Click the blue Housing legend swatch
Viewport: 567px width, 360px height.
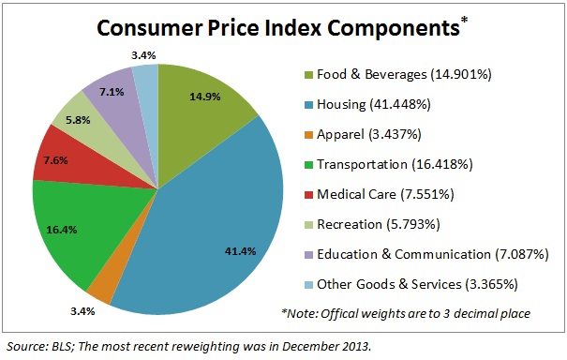point(310,106)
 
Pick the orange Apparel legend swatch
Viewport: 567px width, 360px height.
point(310,135)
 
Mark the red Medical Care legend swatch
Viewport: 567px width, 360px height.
point(310,194)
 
